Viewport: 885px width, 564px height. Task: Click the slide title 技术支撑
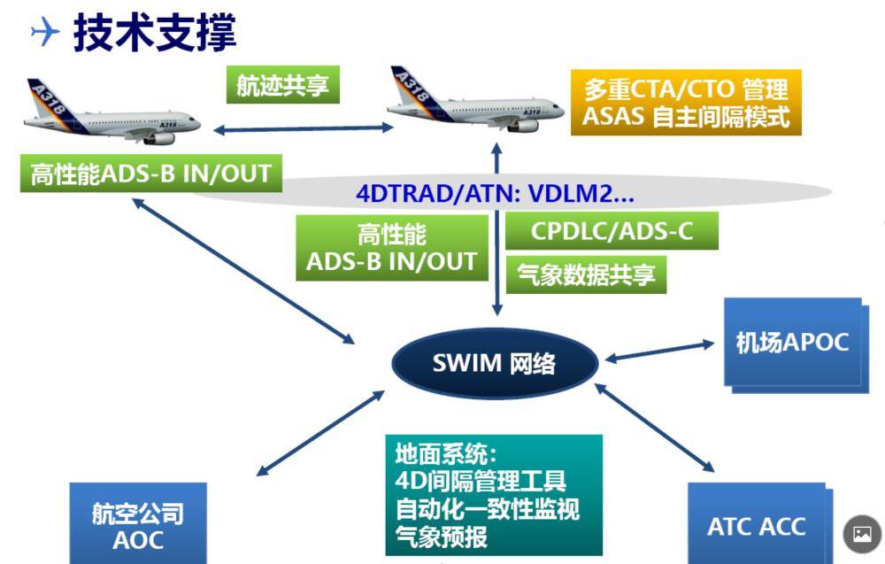tap(155, 33)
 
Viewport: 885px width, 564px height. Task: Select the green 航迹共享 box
tap(282, 85)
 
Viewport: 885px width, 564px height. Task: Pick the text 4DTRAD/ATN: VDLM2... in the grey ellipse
tap(495, 194)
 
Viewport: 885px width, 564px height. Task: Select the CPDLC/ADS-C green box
tap(612, 231)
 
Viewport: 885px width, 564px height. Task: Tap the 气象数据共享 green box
tap(585, 274)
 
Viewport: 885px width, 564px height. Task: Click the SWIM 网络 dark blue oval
tap(495, 363)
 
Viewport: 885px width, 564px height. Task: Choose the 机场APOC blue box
tap(792, 343)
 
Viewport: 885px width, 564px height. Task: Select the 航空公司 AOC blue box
tap(138, 526)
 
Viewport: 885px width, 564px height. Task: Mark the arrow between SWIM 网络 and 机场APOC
tap(659, 351)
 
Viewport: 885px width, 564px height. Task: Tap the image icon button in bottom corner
tap(862, 534)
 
